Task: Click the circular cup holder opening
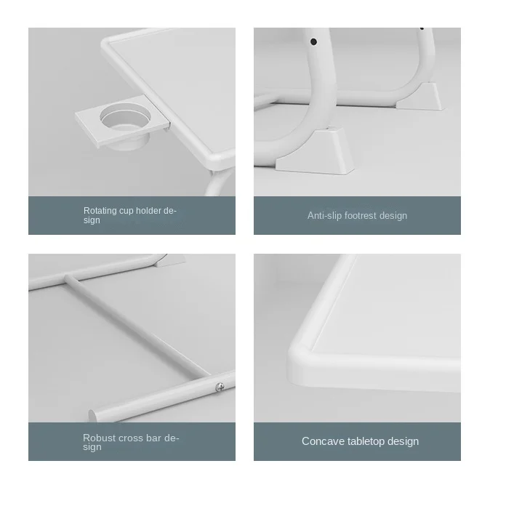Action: tap(125, 116)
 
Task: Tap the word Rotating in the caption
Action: tap(100, 211)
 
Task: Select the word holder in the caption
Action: tap(148, 211)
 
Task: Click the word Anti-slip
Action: tap(324, 215)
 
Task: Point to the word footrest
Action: tap(361, 215)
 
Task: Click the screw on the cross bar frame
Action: tap(220, 386)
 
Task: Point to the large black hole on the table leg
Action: tap(313, 41)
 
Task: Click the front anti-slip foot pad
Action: tap(315, 151)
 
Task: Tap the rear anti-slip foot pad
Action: tap(419, 97)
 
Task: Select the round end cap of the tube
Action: tap(93, 416)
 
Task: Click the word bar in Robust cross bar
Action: tap(153, 438)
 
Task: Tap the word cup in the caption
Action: tap(126, 212)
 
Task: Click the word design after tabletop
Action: tap(403, 441)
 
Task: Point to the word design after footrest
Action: tap(393, 215)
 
